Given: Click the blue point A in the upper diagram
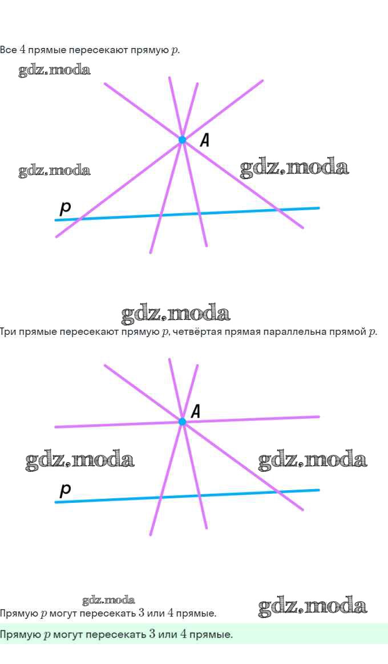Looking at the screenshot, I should point(182,139).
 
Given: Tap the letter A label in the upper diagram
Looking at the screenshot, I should point(204,140).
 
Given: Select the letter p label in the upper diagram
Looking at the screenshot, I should point(66,209).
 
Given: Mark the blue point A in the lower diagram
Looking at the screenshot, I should point(182,422).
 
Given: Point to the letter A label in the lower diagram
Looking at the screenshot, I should point(195,411).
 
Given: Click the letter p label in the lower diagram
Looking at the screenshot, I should point(66,489).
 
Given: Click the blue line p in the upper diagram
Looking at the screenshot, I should point(240,211).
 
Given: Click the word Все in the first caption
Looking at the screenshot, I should point(8,50).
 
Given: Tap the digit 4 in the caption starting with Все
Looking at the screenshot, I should point(22,50).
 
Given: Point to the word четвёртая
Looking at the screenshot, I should point(200,331).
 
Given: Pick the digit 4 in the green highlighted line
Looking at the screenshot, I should point(170,634).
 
